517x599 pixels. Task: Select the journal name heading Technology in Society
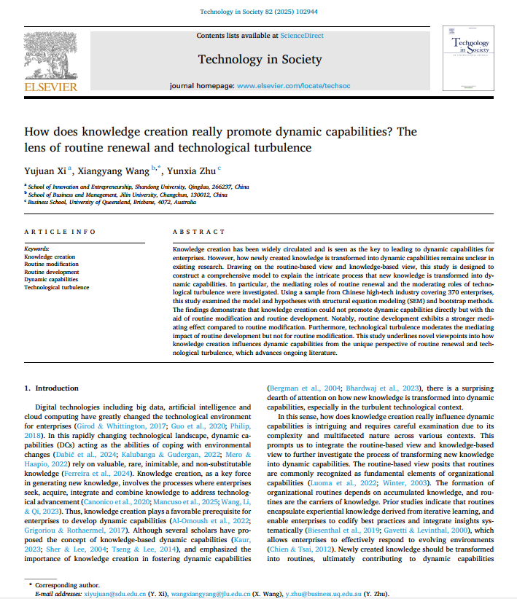[x=258, y=58]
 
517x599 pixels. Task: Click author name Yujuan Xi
[x=45, y=171]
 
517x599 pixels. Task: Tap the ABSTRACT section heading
[x=199, y=231]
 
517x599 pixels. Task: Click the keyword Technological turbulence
[x=57, y=287]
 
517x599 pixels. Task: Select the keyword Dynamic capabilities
[x=51, y=279]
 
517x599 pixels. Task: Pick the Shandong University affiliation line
[x=139, y=187]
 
